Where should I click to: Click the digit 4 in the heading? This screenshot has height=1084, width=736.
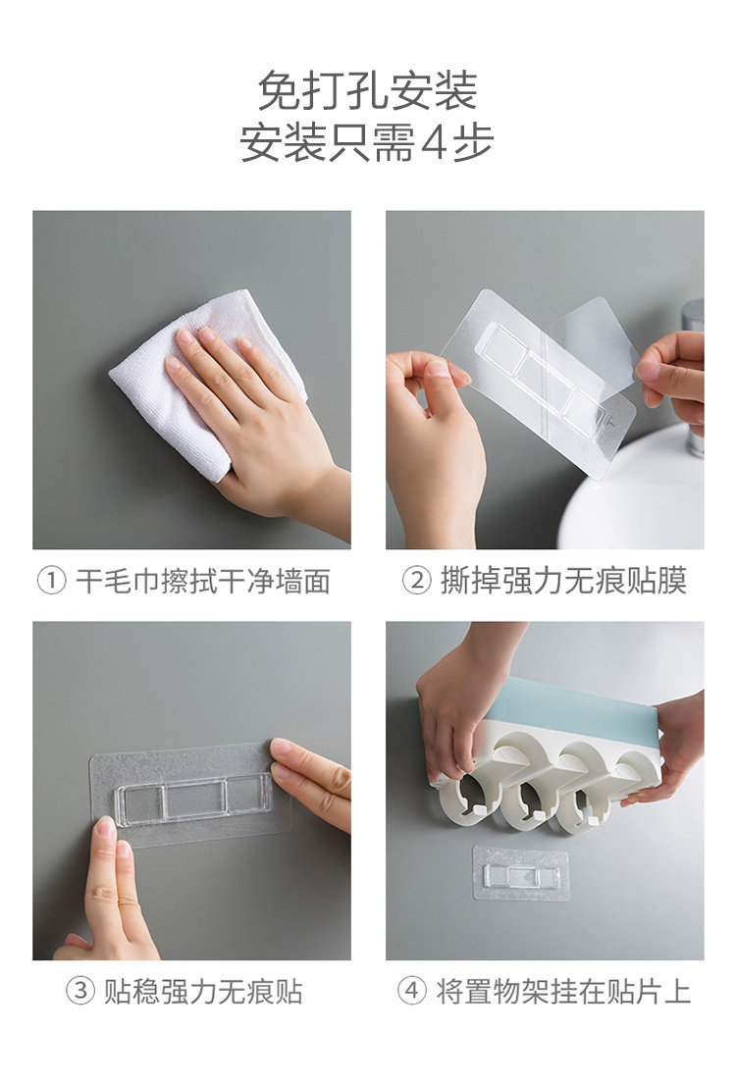tap(433, 144)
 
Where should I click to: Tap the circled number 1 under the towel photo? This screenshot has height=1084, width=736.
tap(52, 582)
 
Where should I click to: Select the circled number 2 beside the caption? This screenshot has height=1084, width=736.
tap(417, 581)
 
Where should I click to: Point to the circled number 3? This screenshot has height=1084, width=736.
tap(80, 992)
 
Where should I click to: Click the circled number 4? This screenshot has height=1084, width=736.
tap(411, 992)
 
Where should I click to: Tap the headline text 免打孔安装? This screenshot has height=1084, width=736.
tap(367, 90)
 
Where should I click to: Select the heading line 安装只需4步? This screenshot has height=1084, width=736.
tap(367, 143)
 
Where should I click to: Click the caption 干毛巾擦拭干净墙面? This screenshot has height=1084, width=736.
tap(203, 582)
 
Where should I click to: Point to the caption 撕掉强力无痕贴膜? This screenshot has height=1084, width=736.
tap(564, 581)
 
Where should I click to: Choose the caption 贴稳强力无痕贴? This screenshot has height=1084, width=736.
tap(203, 992)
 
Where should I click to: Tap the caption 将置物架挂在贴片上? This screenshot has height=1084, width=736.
tap(563, 992)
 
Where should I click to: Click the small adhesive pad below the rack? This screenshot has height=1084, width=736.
tap(521, 873)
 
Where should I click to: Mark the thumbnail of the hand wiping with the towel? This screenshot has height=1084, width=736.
tap(191, 380)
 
